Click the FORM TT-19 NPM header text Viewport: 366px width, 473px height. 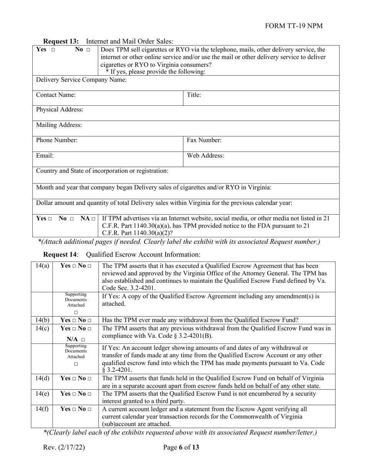coord(294,26)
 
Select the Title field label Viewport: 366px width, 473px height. coord(194,95)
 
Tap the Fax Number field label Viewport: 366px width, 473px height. coord(204,141)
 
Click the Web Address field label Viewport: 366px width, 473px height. coord(205,156)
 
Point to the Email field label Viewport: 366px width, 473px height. coord(45,156)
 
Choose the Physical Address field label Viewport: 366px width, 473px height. coord(59,110)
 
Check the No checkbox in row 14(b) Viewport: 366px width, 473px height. coord(89,320)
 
